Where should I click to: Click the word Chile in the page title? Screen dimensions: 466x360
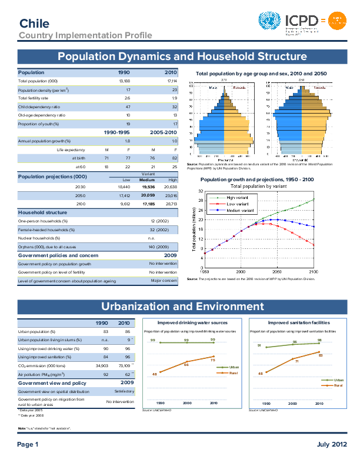tap(34, 23)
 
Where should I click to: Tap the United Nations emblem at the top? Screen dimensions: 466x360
tap(270, 22)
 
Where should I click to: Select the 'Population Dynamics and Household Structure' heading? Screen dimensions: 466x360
tap(180, 57)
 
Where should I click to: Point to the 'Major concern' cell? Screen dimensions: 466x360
tap(164, 281)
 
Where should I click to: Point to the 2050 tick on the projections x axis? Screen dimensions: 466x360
tap(277, 272)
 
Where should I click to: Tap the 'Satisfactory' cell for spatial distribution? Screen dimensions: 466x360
tap(165, 391)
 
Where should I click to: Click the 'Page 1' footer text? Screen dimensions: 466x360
tap(28, 444)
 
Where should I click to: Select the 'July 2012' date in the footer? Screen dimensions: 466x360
tap(328, 444)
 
